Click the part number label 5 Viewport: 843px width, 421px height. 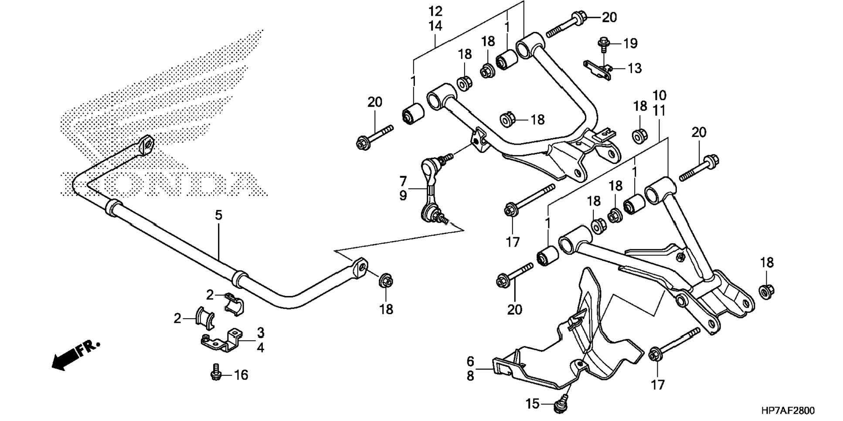pyautogui.click(x=218, y=215)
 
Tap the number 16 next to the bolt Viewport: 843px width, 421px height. pyautogui.click(x=241, y=375)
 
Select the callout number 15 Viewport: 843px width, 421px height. pyautogui.click(x=533, y=404)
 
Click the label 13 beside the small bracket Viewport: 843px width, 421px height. pyautogui.click(x=635, y=68)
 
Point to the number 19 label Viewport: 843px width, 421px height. pyautogui.click(x=630, y=44)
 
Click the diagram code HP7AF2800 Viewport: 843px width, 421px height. pyautogui.click(x=788, y=411)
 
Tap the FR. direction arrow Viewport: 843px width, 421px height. pyautogui.click(x=75, y=355)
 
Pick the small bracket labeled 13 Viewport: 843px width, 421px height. pyautogui.click(x=599, y=70)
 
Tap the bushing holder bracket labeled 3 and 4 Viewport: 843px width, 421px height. pyautogui.click(x=221, y=340)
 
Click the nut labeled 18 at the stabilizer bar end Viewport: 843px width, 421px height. pyautogui.click(x=385, y=280)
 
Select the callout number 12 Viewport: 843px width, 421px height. pyautogui.click(x=435, y=11)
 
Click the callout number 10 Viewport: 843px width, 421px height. pyautogui.click(x=659, y=95)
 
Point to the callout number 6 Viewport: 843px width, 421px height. pyautogui.click(x=470, y=361)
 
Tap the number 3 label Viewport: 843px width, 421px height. pyautogui.click(x=260, y=333)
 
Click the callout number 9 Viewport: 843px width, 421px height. pyautogui.click(x=403, y=196)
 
